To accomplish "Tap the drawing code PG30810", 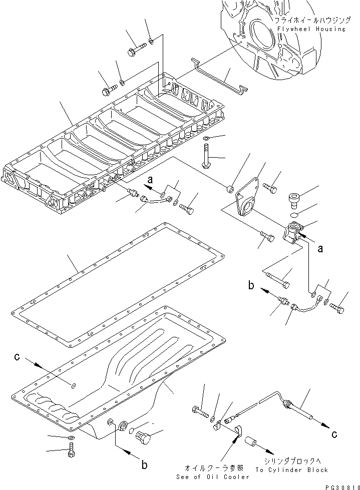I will (x=338, y=486).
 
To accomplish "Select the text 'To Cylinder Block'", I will (x=291, y=469).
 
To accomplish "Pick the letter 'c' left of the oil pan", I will (x=18, y=357).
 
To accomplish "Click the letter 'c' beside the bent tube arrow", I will (x=334, y=434).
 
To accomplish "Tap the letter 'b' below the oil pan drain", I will (x=144, y=465).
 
